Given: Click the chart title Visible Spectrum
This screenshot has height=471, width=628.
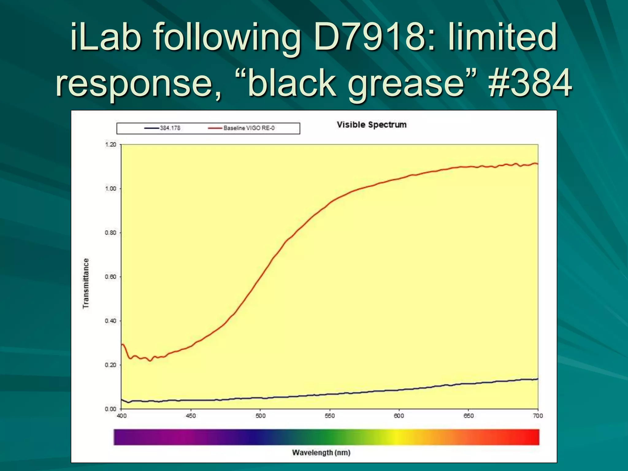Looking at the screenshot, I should point(372,125).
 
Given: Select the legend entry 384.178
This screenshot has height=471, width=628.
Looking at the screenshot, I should point(170,128).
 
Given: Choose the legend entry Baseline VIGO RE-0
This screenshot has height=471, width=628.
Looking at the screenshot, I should point(249,128).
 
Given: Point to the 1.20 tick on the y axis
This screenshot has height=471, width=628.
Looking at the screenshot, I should point(111,145).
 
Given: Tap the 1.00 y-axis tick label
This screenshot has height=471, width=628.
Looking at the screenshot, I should point(111,189).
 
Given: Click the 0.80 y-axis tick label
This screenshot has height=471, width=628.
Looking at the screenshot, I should point(111,233).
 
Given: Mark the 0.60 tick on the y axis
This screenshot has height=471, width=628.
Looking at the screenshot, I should point(111,277).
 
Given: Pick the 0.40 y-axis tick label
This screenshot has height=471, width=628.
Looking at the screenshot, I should point(111,321).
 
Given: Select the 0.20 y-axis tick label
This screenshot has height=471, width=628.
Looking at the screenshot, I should point(111,365).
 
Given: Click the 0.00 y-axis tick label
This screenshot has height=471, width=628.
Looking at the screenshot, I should point(111,409).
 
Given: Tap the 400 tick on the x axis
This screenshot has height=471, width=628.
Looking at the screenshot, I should point(122,416).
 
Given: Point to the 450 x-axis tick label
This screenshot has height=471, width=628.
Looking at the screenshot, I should point(191,416).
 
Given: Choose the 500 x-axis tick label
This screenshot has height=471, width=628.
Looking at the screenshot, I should point(261,416).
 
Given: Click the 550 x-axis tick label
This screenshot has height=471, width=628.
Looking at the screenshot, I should point(330,416).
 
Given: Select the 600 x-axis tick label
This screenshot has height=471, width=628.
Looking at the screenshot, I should point(399,416).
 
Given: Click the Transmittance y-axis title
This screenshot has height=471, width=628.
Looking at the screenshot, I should point(86,283).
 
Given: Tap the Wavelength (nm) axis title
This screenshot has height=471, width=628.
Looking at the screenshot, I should point(321,453).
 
